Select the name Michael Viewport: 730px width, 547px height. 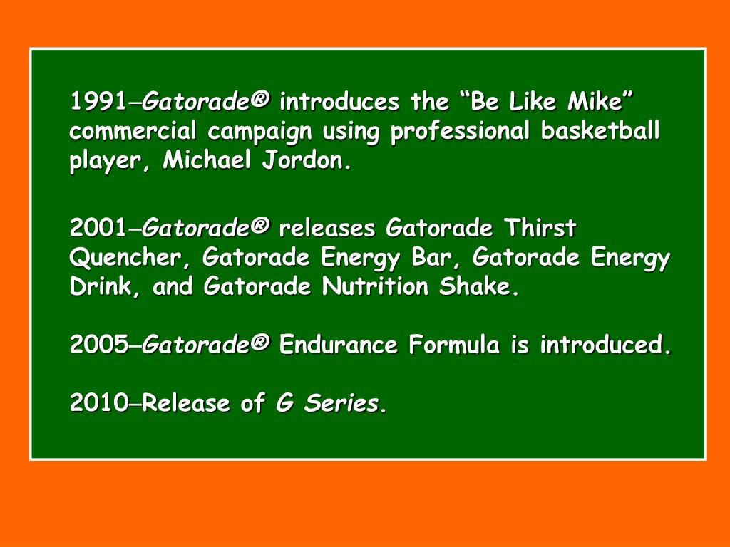point(207,161)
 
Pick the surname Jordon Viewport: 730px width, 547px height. point(307,162)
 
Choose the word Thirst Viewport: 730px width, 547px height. point(540,229)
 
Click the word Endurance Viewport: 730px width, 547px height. point(339,346)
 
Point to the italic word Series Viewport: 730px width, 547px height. point(345,405)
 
